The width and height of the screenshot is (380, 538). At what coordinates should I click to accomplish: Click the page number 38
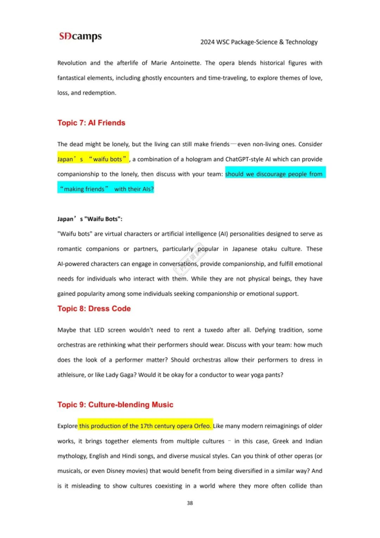tap(190, 503)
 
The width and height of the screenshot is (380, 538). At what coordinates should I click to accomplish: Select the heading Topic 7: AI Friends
tap(91, 123)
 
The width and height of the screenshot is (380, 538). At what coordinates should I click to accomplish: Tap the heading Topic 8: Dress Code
tap(94, 308)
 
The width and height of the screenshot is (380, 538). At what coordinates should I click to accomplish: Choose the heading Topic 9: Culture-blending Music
tap(115, 405)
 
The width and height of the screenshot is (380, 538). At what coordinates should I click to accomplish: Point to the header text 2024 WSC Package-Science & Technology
tap(259, 42)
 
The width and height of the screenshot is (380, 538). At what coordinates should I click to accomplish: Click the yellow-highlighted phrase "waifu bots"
tap(108, 159)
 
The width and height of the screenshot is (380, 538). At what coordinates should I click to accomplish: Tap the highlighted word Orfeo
tap(202, 426)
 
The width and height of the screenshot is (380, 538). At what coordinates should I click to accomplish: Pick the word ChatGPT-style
tap(246, 159)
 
